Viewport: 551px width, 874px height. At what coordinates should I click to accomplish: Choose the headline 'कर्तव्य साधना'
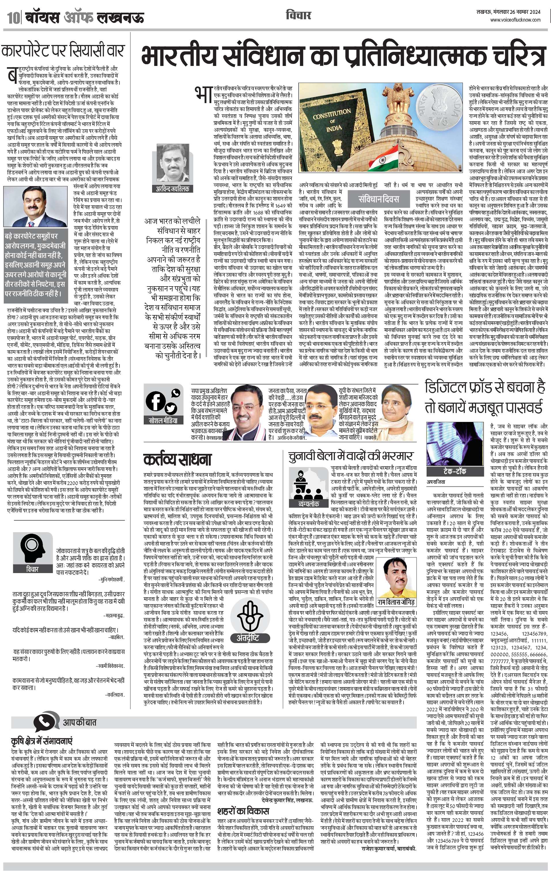(177, 460)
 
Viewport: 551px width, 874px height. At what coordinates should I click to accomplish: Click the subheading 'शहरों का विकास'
(243, 811)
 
